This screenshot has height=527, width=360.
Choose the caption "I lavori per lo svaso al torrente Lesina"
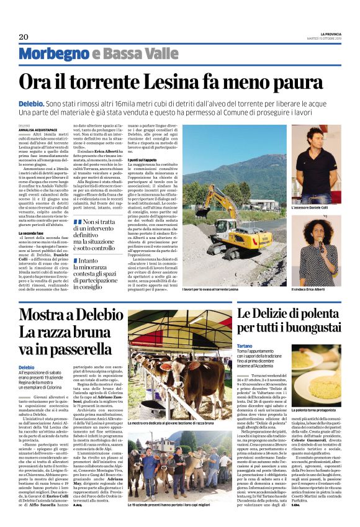coord(210,289)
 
